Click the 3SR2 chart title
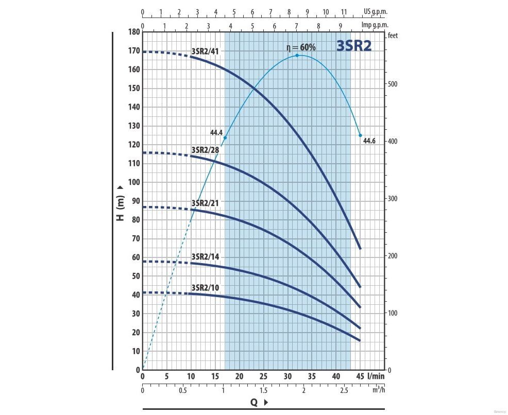pyautogui.click(x=354, y=46)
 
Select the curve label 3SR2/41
pyautogui.click(x=205, y=51)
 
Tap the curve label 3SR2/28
pyautogui.click(x=205, y=150)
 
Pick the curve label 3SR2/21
pyautogui.click(x=205, y=203)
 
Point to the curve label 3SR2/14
pyautogui.click(x=205, y=256)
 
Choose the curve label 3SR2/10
pyautogui.click(x=205, y=287)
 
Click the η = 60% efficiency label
pyautogui.click(x=301, y=47)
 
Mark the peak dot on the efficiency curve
pyautogui.click(x=297, y=55)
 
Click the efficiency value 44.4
pyautogui.click(x=216, y=133)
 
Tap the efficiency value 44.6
pyautogui.click(x=369, y=141)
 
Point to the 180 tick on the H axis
pyautogui.click(x=134, y=32)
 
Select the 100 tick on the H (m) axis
pyautogui.click(x=134, y=182)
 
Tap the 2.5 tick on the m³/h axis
pyautogui.click(x=344, y=390)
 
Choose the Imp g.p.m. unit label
pyautogui.click(x=375, y=25)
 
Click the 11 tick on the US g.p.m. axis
pyautogui.click(x=344, y=11)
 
